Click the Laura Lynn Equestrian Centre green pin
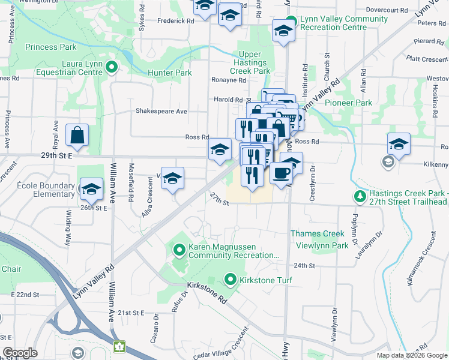[x=112, y=68]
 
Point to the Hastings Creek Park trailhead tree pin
[x=360, y=196]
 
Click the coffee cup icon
[x=281, y=173]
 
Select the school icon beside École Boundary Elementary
[x=91, y=189]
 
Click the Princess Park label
[x=51, y=46]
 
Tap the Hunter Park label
[x=169, y=73]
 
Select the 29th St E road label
[x=57, y=155]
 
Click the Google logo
[x=20, y=353]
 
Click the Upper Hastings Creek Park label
[x=253, y=62]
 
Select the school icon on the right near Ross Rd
[x=399, y=144]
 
